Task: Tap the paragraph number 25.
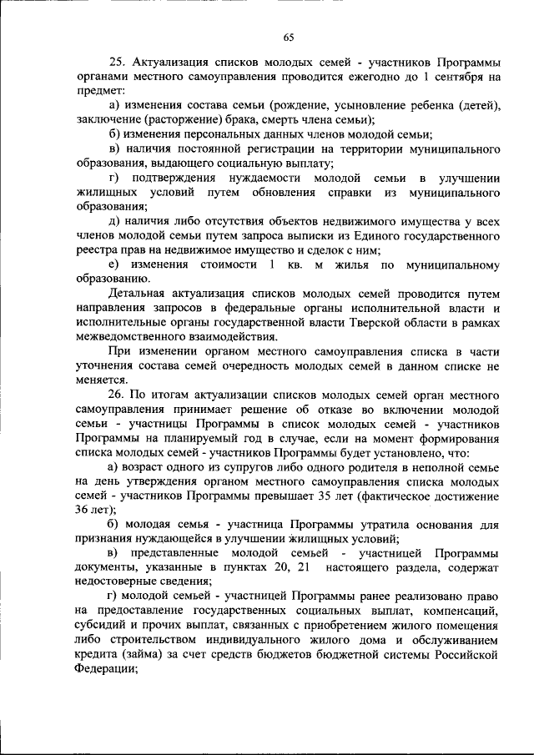point(117,63)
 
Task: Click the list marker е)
point(115,265)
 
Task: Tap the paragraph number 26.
point(117,395)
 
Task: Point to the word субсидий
point(100,627)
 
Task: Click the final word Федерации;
point(106,670)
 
